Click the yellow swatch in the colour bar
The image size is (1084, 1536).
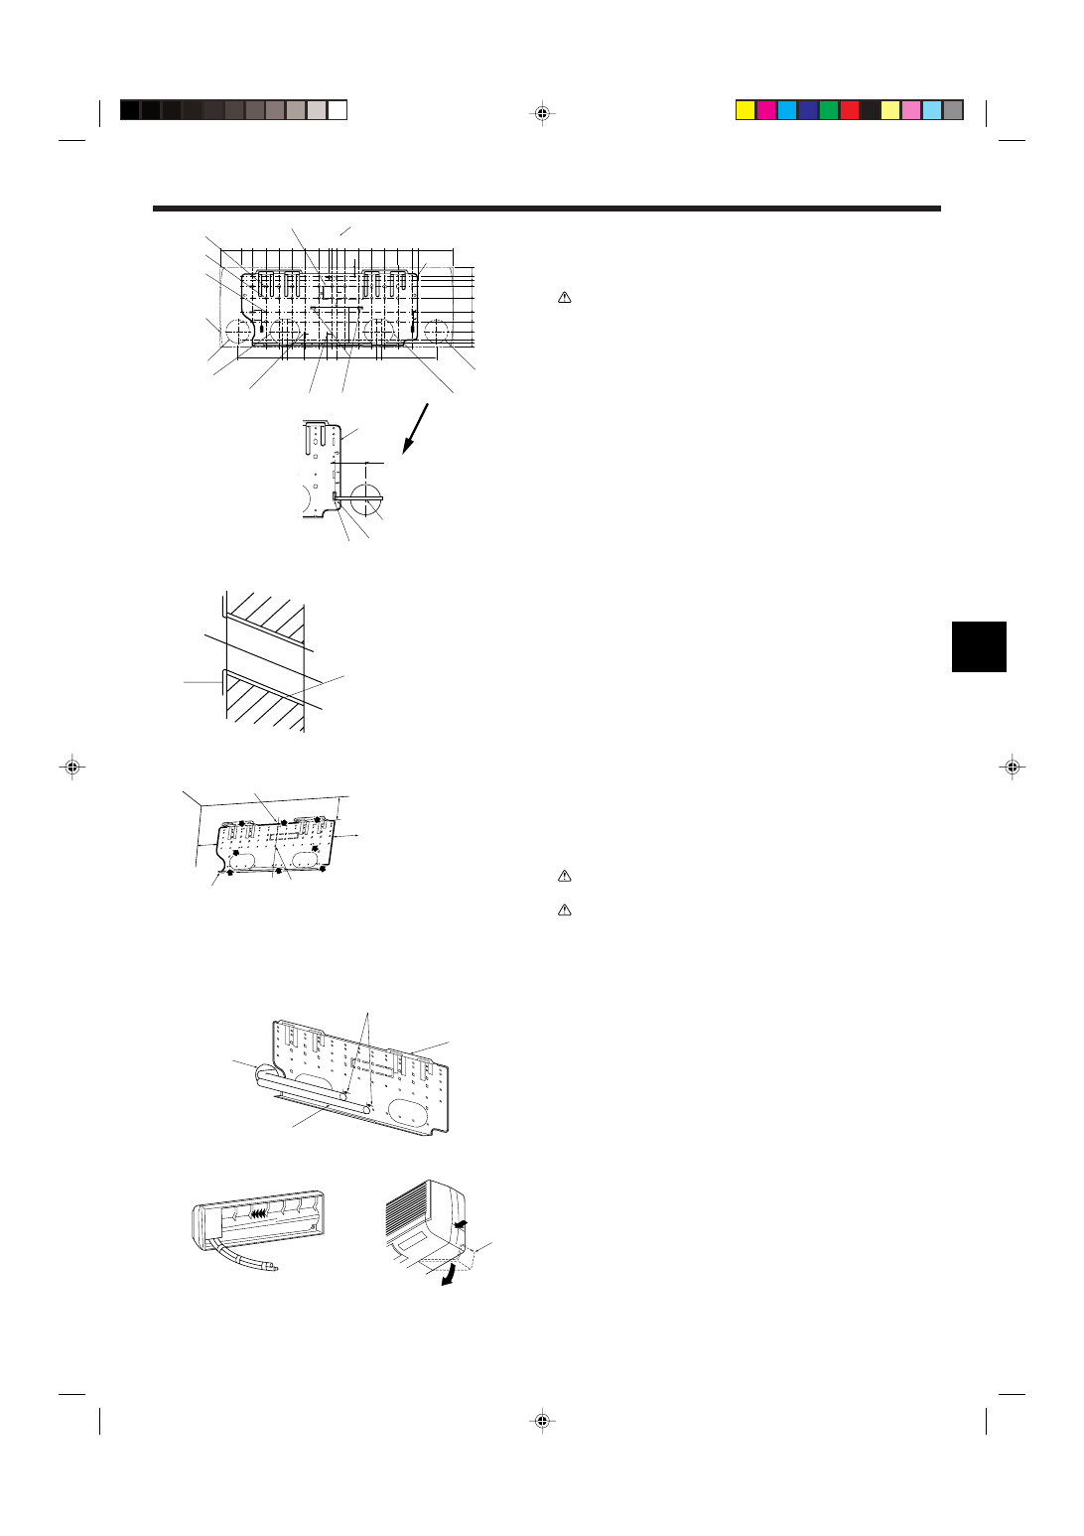tap(745, 110)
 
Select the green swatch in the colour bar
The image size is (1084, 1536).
tap(828, 110)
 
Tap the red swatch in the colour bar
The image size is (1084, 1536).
tap(849, 110)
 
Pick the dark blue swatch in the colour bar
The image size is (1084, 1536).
tap(807, 110)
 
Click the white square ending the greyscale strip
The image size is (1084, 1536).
tap(338, 110)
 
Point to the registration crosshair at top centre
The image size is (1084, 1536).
tap(542, 112)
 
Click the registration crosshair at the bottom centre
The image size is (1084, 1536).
tap(542, 1421)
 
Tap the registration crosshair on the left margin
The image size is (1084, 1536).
tap(72, 767)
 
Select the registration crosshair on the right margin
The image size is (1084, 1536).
tap(1012, 767)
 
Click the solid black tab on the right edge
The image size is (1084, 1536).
tap(979, 646)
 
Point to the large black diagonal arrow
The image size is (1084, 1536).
tap(416, 428)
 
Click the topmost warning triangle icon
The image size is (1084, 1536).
tap(564, 297)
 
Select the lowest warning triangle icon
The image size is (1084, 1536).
tap(564, 909)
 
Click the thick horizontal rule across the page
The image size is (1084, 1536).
tap(546, 209)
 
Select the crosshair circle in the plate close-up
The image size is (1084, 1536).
tap(366, 494)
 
